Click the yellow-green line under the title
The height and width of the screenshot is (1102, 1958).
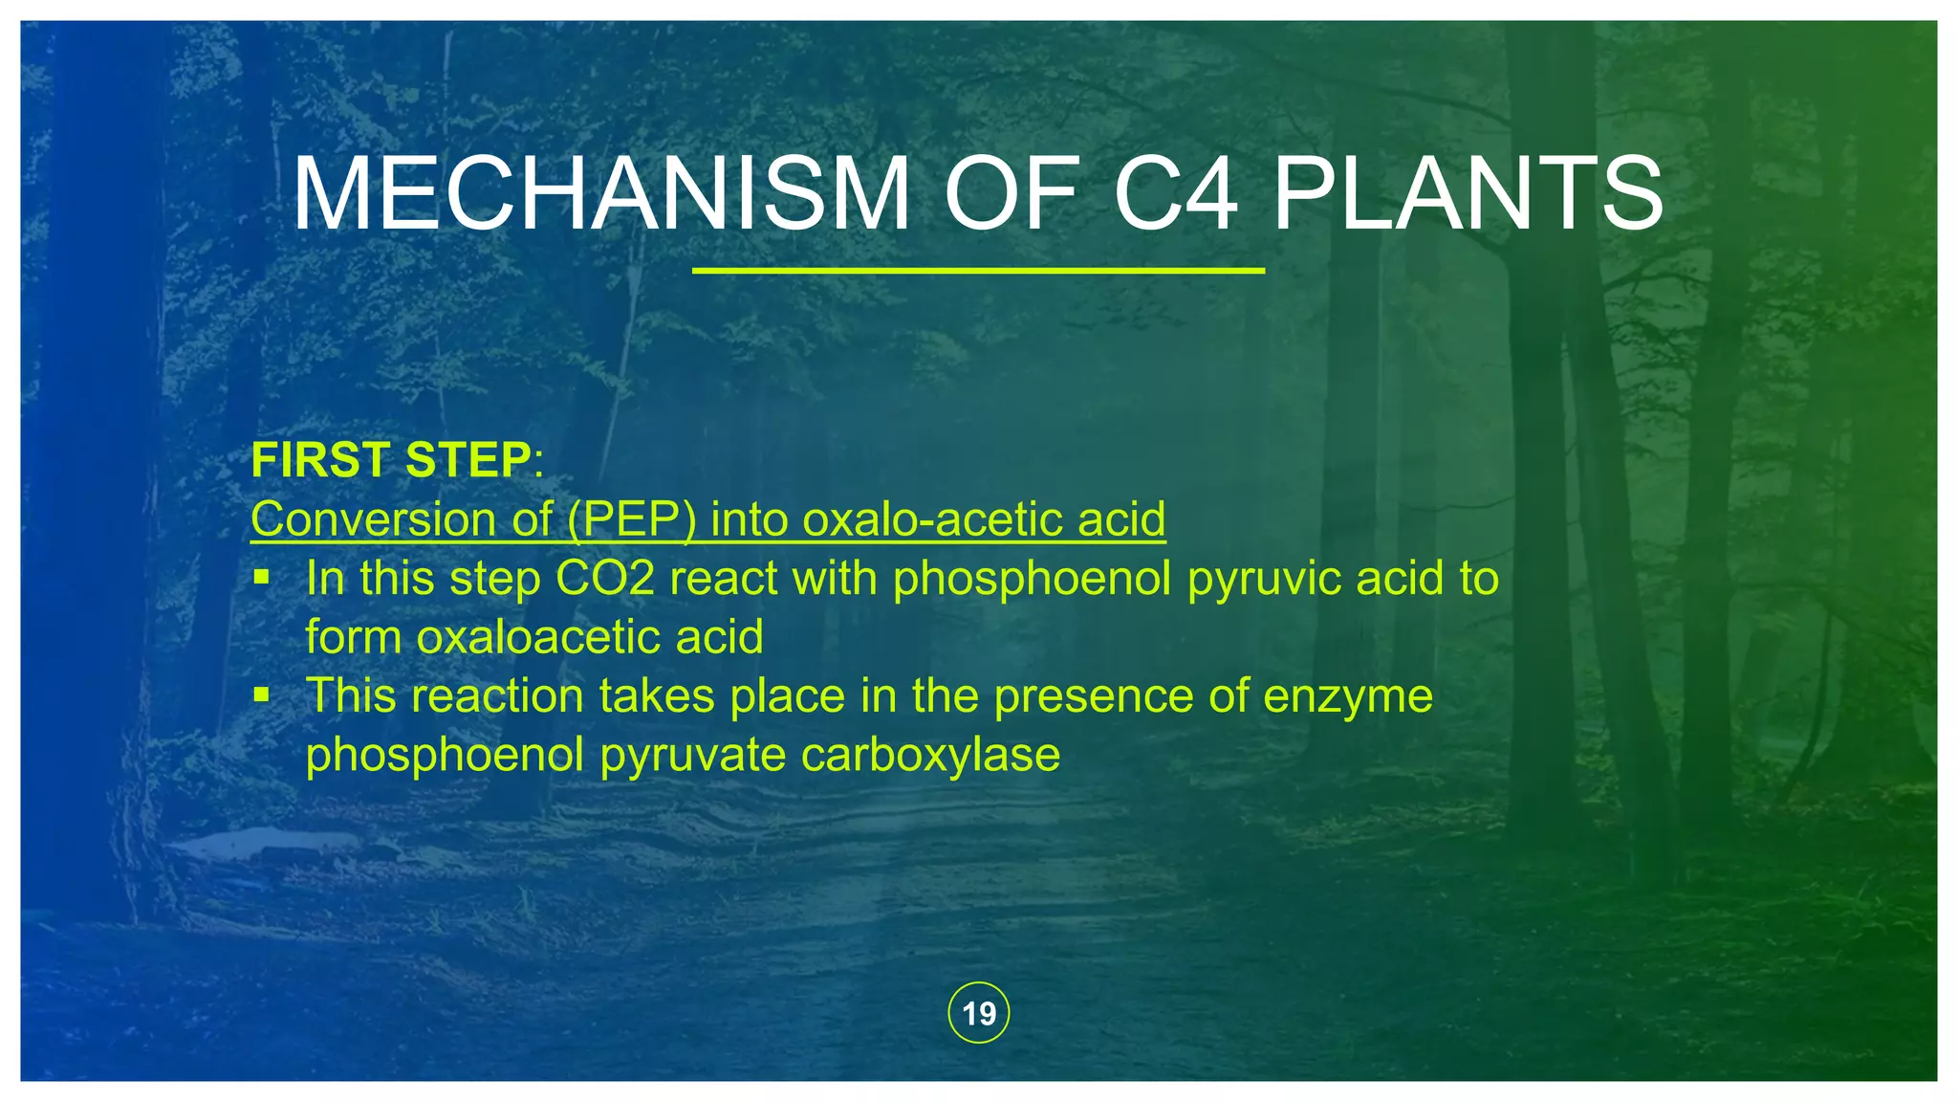[x=978, y=271]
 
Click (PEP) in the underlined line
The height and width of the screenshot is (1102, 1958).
[x=631, y=519]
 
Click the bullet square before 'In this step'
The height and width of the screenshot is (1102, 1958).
[x=262, y=578]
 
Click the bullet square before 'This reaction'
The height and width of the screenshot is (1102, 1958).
[x=262, y=694]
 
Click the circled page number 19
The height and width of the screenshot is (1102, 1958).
[x=978, y=1013]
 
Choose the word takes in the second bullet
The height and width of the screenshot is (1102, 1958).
[x=657, y=695]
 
